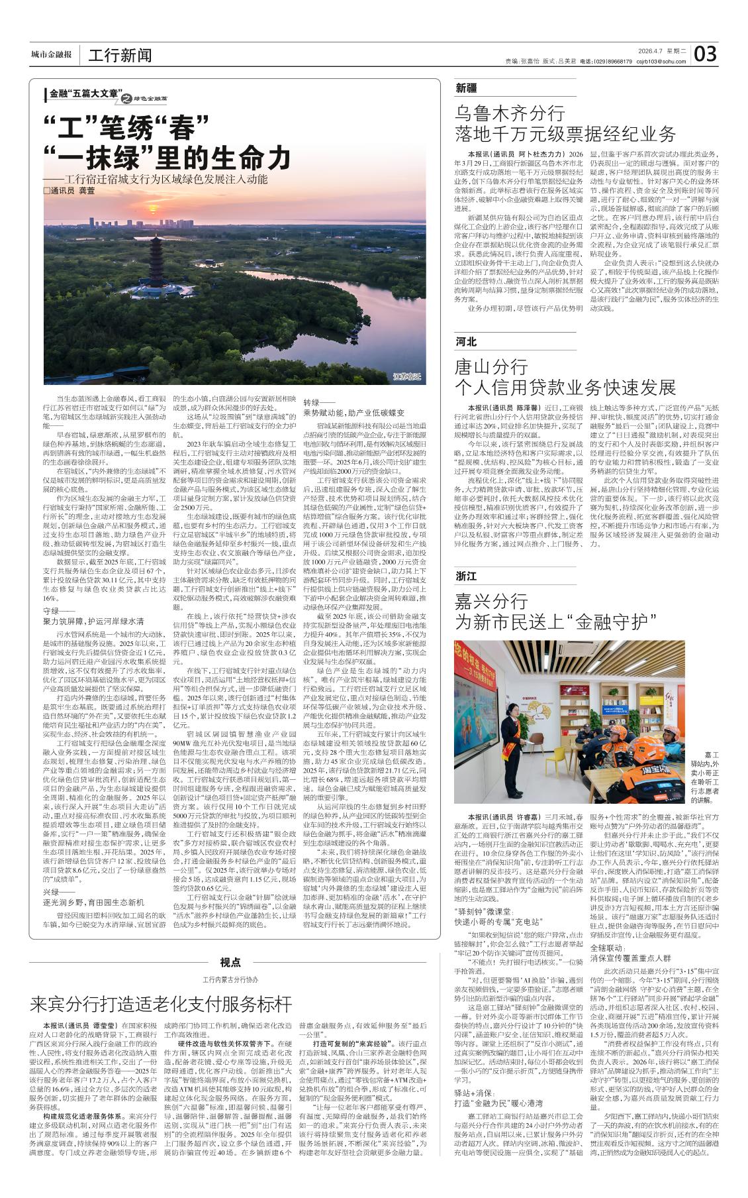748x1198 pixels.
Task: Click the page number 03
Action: pos(706,54)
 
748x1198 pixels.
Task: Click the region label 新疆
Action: pos(466,87)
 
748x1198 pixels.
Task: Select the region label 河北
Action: pos(466,342)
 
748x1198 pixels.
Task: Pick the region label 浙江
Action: pos(466,576)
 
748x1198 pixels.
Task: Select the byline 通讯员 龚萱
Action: pos(73,190)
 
